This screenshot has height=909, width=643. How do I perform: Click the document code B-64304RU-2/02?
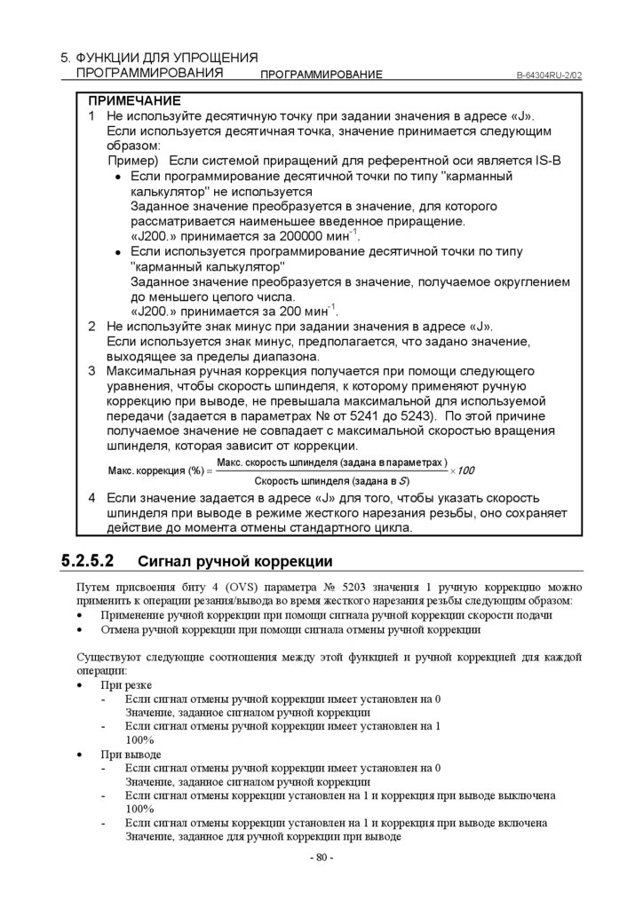click(549, 75)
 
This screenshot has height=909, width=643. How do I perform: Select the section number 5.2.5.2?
click(89, 561)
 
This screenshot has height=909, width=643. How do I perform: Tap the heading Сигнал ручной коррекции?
click(235, 561)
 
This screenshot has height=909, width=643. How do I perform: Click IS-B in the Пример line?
click(542, 161)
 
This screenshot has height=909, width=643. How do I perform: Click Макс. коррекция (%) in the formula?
click(155, 470)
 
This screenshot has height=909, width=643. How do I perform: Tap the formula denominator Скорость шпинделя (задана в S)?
click(331, 480)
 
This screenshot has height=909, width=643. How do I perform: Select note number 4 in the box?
click(91, 498)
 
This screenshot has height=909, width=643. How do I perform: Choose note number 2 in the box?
click(91, 327)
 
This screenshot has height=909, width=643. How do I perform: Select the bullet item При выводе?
click(131, 755)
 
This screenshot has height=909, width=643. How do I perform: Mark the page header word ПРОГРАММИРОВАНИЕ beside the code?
click(321, 75)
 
